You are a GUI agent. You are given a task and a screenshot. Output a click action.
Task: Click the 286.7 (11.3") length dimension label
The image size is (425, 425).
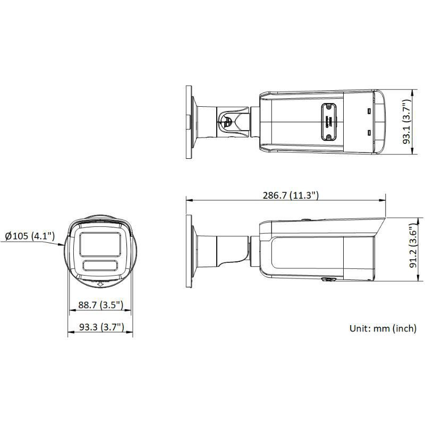tap(291, 195)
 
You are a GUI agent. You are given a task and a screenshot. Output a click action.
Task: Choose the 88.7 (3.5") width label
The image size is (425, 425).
tap(100, 305)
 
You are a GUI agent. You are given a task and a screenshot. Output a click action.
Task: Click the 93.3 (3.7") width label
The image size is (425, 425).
tap(100, 328)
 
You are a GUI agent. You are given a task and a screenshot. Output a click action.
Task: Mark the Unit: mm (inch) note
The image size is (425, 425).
tap(382, 328)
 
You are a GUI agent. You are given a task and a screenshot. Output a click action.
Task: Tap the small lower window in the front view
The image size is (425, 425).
tap(99, 266)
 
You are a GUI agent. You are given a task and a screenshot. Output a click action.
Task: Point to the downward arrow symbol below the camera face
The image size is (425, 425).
tap(100, 284)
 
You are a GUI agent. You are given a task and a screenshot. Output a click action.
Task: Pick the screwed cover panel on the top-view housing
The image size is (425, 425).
tap(328, 122)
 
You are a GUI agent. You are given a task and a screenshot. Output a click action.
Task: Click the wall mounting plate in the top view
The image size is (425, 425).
tap(189, 122)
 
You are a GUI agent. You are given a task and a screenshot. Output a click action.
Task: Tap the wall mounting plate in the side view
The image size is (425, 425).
tap(189, 250)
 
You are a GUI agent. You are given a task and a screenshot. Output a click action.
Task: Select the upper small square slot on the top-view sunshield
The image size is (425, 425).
tap(368, 112)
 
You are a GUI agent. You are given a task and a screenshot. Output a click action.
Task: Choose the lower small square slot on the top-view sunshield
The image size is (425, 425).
tap(368, 133)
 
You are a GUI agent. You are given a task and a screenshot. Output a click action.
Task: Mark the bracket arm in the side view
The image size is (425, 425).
tap(220, 250)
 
